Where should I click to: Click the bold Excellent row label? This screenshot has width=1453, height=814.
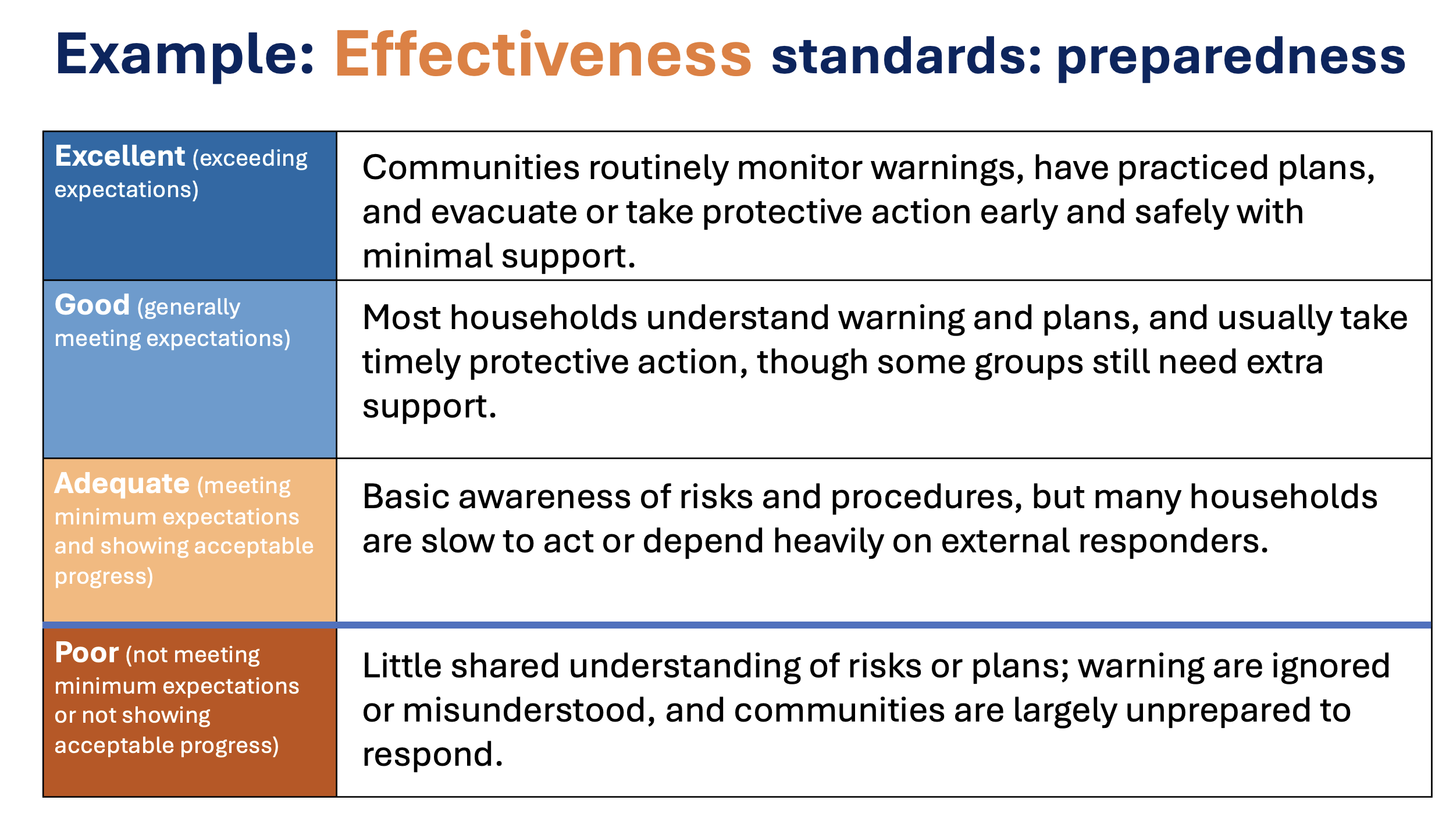[x=120, y=156]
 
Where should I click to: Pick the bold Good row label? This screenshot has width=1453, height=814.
[x=92, y=305]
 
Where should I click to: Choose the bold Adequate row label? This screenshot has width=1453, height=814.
[x=122, y=483]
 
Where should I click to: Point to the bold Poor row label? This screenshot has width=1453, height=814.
[x=87, y=652]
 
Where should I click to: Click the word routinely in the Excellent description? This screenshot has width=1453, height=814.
[x=658, y=169]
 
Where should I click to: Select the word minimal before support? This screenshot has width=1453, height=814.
[x=428, y=256]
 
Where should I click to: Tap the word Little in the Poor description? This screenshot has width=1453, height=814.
[x=403, y=666]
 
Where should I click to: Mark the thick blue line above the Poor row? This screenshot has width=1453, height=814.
[x=737, y=625]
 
